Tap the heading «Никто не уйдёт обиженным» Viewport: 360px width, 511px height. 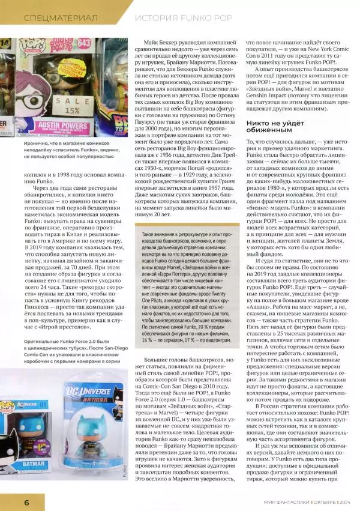pos(271,125)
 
